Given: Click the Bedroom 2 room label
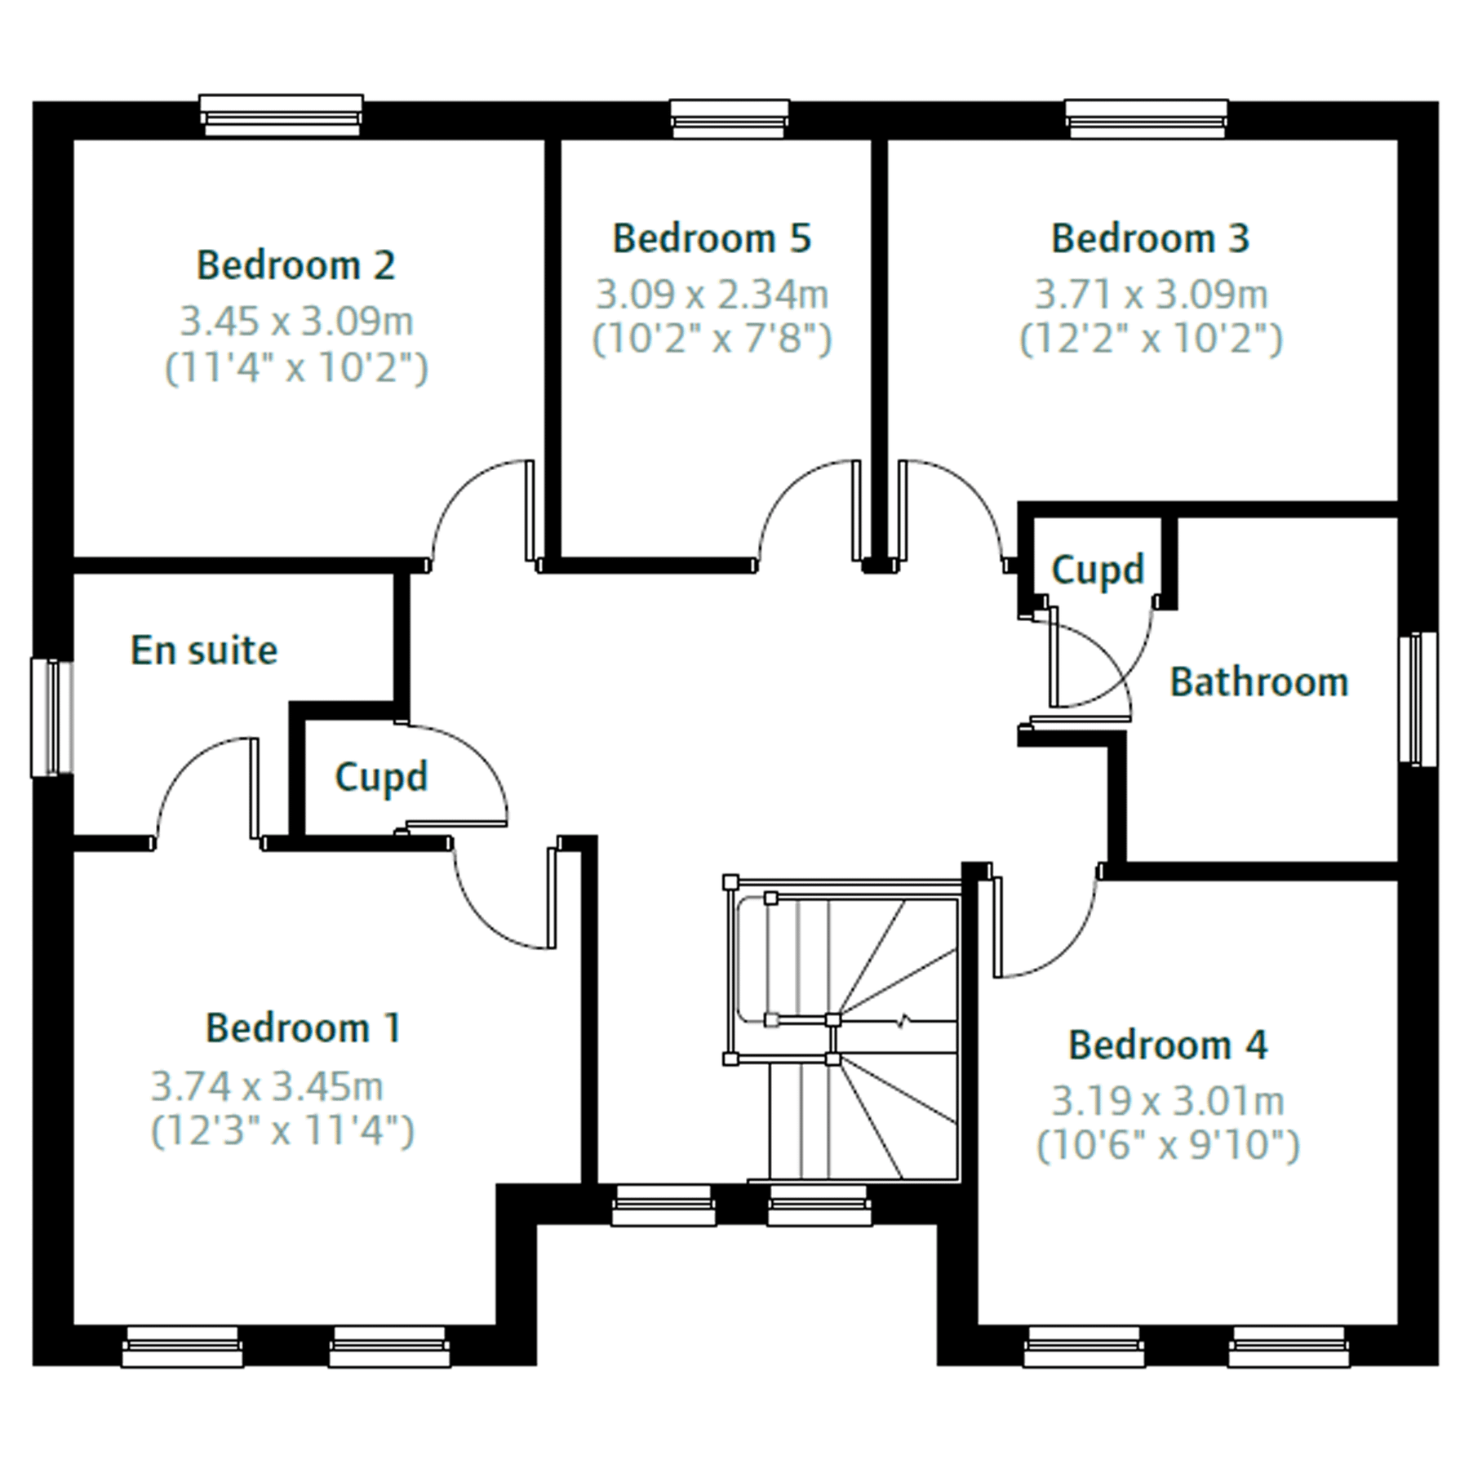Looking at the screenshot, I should point(295,265).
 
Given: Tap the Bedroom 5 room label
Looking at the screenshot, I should point(712,238).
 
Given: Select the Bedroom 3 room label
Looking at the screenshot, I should point(1150,238).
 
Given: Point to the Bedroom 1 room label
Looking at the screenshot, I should point(303,1027).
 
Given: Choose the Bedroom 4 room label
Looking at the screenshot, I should point(1168,1045).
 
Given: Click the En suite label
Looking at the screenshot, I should point(204,650).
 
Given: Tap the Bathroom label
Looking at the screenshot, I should point(1258,682).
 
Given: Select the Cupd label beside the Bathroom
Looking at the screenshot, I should point(1098,570).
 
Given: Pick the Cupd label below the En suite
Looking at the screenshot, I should point(381,777).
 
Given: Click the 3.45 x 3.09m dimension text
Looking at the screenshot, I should point(296,322).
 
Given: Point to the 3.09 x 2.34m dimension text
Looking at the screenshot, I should point(712,295).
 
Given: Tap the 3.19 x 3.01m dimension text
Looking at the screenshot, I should point(1168,1101).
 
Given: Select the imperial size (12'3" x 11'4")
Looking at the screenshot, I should point(282,1131).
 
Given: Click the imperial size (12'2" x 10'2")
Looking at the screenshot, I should point(1151,339).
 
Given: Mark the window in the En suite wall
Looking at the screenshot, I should point(52,717).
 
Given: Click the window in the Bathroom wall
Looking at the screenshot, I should point(1418,699).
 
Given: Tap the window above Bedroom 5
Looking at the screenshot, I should point(730,118).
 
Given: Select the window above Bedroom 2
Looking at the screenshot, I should point(282,114).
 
